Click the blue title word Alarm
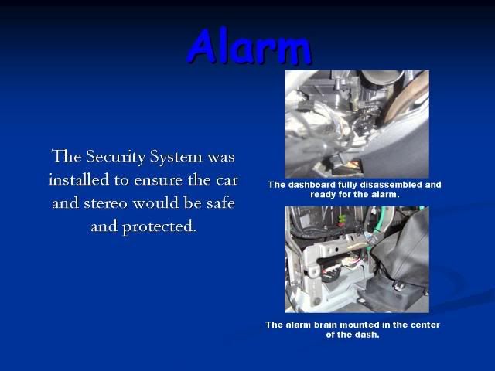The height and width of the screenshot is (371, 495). point(249,46)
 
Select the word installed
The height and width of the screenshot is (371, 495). point(80,179)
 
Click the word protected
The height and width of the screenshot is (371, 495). point(159,226)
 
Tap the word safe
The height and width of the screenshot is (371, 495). point(221,203)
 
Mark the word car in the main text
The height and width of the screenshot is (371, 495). point(227,180)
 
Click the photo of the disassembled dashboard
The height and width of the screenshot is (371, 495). point(357,124)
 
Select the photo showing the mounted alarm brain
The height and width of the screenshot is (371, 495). point(357,260)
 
